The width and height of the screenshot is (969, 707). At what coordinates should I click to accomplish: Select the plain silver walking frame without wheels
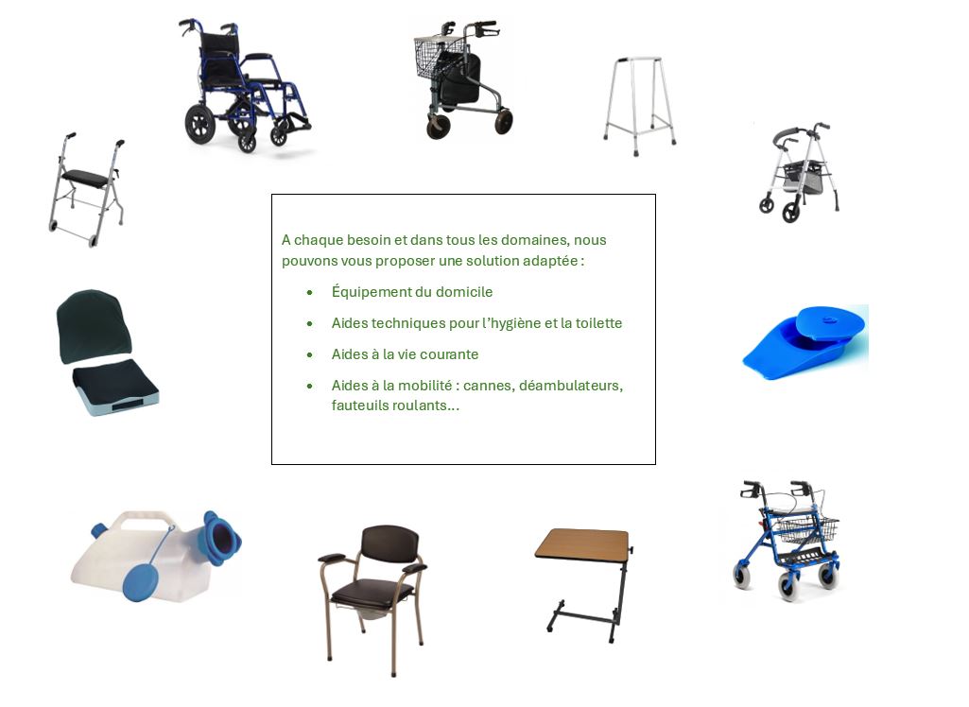click(x=640, y=106)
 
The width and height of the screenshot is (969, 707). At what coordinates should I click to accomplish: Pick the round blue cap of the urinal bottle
click(x=140, y=584)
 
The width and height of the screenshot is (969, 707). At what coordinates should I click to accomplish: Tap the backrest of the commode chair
click(x=389, y=543)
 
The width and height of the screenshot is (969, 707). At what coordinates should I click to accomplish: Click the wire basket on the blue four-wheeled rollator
click(x=805, y=529)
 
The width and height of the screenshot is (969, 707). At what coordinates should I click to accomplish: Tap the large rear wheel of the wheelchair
click(x=200, y=124)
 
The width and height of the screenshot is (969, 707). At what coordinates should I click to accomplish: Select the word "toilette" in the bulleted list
click(x=598, y=323)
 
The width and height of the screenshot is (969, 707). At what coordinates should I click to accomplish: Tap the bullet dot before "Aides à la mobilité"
click(x=310, y=387)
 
